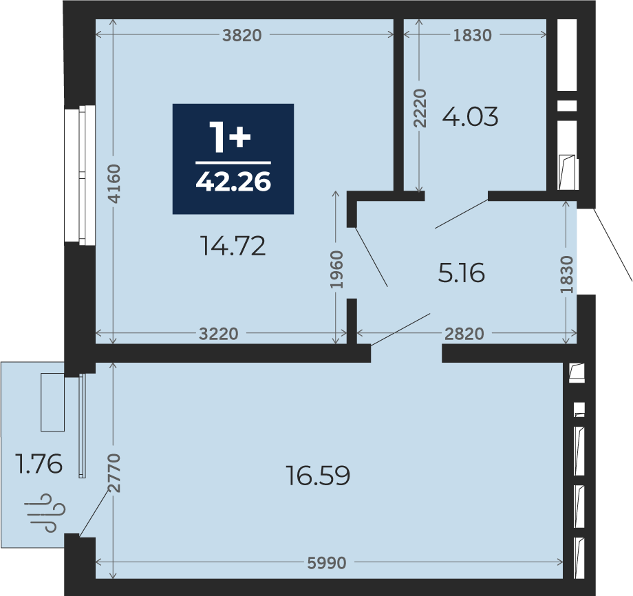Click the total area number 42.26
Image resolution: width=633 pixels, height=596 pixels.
233,182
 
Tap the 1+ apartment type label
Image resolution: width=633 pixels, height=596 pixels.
230,138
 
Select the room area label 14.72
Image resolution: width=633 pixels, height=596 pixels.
233,246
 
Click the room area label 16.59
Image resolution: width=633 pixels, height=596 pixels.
318,476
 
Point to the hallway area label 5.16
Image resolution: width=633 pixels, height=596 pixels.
461,273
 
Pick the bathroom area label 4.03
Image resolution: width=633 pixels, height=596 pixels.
471,117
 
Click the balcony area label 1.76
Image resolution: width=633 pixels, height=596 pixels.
39,464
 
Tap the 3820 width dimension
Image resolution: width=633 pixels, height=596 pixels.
242,36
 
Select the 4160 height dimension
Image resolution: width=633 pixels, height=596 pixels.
114,184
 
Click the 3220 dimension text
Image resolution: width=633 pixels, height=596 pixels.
219,334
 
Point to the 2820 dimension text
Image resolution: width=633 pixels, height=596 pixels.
464,334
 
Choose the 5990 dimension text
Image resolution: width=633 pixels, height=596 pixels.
327,563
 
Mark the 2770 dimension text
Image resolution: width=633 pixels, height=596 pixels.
114,473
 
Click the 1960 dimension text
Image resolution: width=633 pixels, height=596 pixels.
336,270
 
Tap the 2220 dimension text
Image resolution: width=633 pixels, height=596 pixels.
420,108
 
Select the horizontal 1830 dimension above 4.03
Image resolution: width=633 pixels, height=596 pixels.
472,36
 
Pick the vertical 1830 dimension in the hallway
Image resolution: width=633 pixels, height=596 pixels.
566,275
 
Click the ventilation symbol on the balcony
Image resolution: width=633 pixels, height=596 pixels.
45,513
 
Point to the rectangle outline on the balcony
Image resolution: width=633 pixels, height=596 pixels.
52,402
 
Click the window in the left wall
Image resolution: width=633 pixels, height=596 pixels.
80,175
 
